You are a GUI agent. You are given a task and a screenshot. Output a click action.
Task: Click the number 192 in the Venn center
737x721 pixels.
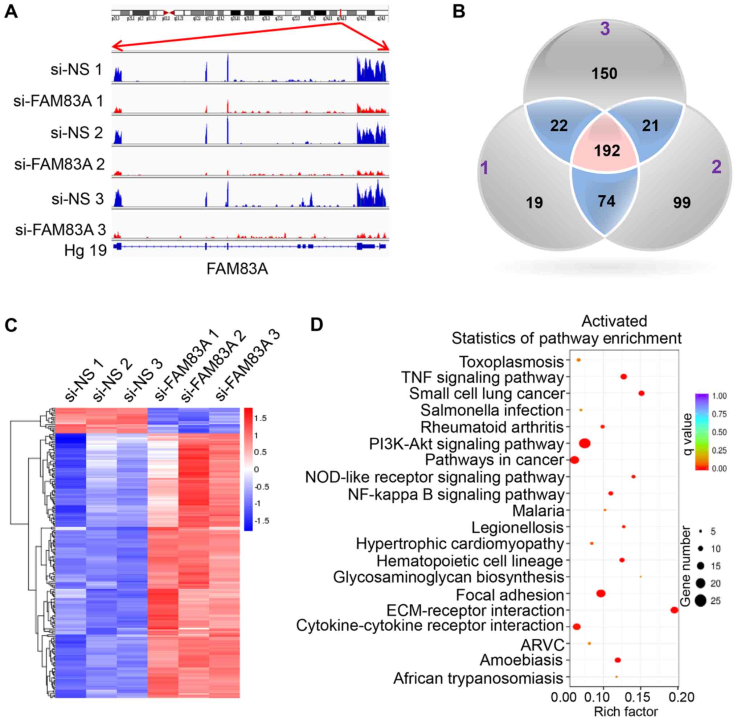tap(607, 151)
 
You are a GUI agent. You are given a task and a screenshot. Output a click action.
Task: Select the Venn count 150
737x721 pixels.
tap(605, 73)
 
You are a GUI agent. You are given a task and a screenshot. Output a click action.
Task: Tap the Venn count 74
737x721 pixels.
tap(606, 201)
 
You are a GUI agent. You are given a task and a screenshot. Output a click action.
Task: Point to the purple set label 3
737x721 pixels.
tap(605, 29)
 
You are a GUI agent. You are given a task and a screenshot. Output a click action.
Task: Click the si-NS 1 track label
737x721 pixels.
tap(77, 69)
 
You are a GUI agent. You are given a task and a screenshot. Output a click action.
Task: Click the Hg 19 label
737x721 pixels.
tap(86, 250)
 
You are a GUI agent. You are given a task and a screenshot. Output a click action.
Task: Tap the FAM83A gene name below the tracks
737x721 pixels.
tap(237, 269)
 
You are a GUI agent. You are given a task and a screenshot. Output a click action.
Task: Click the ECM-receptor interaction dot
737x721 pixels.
tap(674, 610)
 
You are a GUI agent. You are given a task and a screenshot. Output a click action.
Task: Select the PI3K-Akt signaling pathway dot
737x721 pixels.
tap(585, 443)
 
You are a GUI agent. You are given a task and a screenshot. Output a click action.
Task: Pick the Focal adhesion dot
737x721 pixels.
tap(601, 594)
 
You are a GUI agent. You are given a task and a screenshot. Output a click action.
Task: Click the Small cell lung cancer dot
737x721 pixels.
tap(641, 393)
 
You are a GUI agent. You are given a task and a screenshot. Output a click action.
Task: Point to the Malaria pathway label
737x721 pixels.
tap(538, 510)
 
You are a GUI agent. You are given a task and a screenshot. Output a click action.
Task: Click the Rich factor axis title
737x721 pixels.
tap(626, 712)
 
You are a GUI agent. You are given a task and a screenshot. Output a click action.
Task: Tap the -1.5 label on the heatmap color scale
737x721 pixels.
tap(261, 521)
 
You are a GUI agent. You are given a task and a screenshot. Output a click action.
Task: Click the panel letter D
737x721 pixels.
tap(317, 324)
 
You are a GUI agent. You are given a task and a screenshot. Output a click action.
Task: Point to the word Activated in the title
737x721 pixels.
tap(614, 321)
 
